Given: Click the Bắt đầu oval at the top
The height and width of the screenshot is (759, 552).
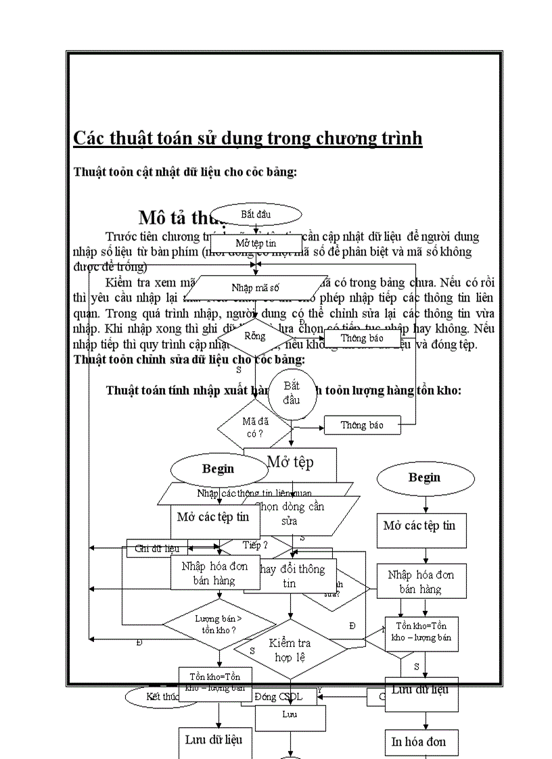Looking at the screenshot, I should pyautogui.click(x=256, y=214).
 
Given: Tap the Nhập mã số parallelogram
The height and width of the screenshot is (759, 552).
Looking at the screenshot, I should pyautogui.click(x=256, y=287).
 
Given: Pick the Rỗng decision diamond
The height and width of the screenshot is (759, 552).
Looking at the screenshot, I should pyautogui.click(x=256, y=336).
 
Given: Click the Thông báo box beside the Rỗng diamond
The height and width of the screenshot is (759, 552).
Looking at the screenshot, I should pyautogui.click(x=362, y=337).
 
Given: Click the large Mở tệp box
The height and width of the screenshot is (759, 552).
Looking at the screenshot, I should pyautogui.click(x=290, y=462).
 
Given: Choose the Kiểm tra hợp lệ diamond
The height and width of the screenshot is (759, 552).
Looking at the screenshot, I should pyautogui.click(x=290, y=650).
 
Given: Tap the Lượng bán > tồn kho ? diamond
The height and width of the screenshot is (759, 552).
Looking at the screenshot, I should pyautogui.click(x=219, y=624).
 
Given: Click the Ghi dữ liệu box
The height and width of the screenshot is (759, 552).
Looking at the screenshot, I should pyautogui.click(x=147, y=548).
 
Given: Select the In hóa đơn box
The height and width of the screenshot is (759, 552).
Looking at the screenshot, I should pyautogui.click(x=425, y=741).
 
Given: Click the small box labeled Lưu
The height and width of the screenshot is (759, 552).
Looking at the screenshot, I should pyautogui.click(x=290, y=714).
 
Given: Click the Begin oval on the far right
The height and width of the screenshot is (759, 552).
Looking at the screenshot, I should pyautogui.click(x=424, y=478).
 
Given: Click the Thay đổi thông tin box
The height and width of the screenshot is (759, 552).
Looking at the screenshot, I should pyautogui.click(x=290, y=576).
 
